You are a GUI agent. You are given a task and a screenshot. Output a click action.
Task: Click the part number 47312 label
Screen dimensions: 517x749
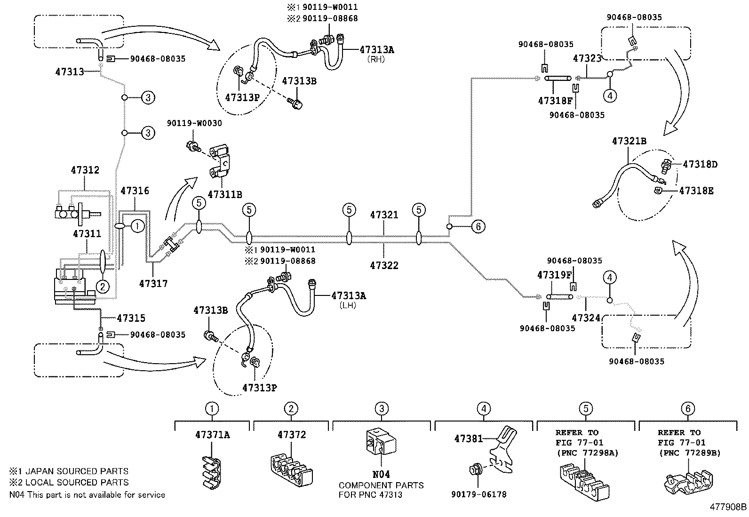click(x=85, y=170)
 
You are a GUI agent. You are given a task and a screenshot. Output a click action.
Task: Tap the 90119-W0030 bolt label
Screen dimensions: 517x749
click(x=194, y=123)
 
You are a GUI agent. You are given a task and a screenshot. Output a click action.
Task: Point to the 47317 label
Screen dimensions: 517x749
click(x=153, y=284)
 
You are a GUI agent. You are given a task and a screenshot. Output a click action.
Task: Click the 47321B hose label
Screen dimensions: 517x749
click(x=629, y=141)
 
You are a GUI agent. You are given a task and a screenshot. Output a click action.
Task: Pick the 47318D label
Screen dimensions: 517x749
click(x=700, y=164)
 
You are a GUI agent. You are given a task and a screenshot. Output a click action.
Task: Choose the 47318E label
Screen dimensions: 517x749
click(x=696, y=191)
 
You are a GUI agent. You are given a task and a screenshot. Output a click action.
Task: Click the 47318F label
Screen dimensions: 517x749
click(x=555, y=100)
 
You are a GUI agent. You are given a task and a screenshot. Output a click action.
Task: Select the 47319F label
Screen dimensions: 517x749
click(x=555, y=274)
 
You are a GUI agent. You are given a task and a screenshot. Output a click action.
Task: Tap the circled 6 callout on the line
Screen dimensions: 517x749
click(x=478, y=227)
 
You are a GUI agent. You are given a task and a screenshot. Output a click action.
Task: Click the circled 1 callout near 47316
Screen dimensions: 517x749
click(x=137, y=226)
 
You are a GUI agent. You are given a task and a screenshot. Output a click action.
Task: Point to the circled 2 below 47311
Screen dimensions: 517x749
click(x=102, y=286)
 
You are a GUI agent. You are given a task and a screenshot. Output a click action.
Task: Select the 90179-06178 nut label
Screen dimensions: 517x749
click(x=478, y=494)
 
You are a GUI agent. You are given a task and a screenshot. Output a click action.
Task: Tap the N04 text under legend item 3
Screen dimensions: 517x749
click(x=381, y=475)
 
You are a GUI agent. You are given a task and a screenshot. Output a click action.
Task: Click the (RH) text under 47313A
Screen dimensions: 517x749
click(x=375, y=59)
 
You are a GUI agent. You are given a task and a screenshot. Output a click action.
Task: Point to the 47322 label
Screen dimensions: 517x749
click(x=384, y=265)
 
